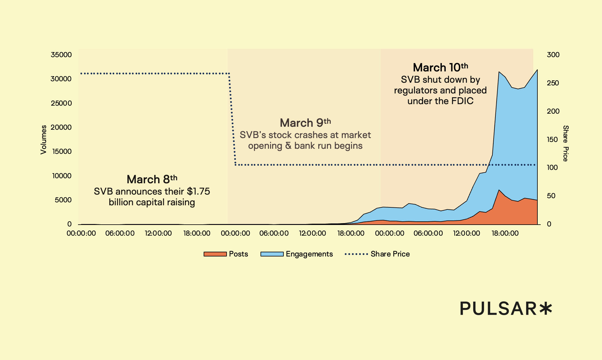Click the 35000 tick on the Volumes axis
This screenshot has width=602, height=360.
tap(61, 55)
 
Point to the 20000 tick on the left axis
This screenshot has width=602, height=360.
tap(61, 127)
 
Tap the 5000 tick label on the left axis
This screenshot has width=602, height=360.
tap(63, 200)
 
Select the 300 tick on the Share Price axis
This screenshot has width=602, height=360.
tap(553, 55)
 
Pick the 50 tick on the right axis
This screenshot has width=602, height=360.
tap(551, 196)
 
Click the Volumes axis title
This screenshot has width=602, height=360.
tap(43, 140)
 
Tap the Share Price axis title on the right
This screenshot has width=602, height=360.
tap(566, 143)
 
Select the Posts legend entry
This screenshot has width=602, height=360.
tap(226, 254)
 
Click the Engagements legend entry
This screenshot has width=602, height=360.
tap(297, 254)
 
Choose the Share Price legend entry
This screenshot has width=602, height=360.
tap(377, 254)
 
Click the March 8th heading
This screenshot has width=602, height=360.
tap(152, 179)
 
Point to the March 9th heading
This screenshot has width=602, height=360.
tap(305, 123)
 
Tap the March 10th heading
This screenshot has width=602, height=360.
tap(440, 68)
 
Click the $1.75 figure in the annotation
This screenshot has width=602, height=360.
tap(198, 191)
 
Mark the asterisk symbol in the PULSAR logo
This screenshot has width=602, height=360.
tap(546, 309)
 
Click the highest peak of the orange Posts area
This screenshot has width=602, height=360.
tap(499, 190)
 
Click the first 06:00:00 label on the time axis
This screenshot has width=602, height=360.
tap(120, 233)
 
